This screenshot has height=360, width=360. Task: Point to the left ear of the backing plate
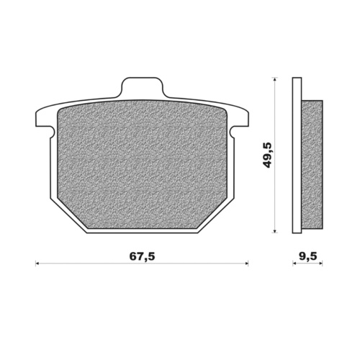tap(42, 122)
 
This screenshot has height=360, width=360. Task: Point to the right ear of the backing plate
tap(241, 122)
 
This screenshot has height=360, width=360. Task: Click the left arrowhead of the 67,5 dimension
tap(38, 264)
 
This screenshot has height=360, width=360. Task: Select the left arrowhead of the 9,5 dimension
tap(294, 264)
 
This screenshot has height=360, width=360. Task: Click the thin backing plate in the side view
tap(296, 155)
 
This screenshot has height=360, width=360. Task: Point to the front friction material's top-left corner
tap(58, 111)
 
